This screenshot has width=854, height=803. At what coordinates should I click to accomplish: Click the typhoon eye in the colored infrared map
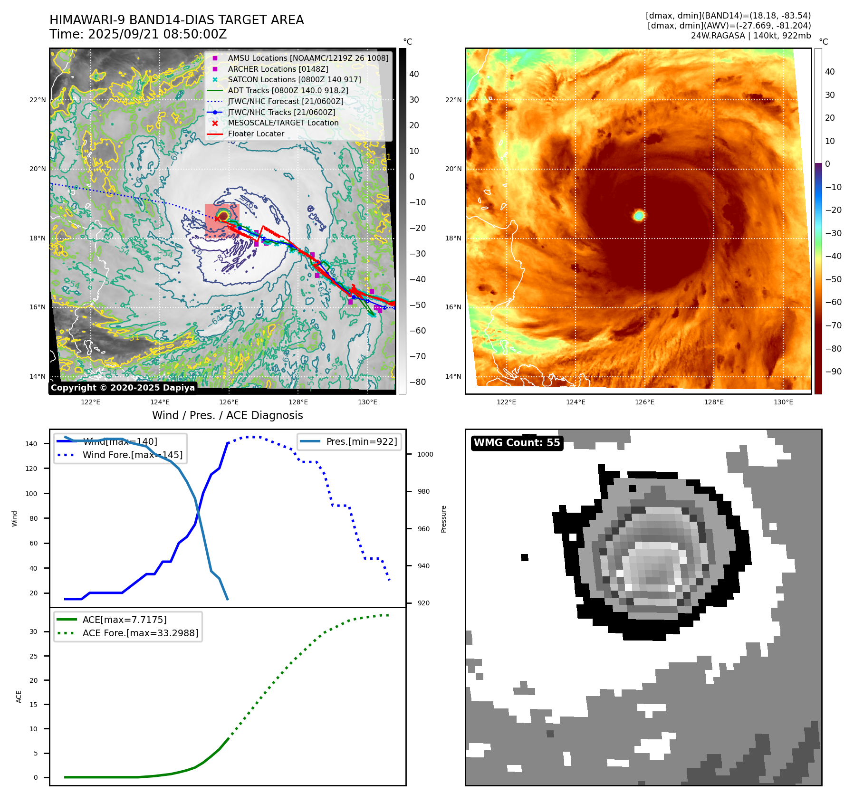[639, 215]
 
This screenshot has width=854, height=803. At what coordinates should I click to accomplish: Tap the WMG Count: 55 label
[517, 443]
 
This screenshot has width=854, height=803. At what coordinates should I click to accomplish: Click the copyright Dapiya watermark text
[123, 388]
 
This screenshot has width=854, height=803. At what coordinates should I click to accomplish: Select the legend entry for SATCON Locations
[294, 80]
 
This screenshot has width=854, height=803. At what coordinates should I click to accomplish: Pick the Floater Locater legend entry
[256, 134]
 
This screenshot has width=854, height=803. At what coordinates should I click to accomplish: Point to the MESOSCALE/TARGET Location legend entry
[283, 123]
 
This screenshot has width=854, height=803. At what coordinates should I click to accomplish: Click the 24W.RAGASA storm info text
[751, 36]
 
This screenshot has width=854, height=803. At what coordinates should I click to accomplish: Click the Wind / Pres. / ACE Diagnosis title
[227, 415]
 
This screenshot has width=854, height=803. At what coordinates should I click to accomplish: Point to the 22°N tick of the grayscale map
[38, 100]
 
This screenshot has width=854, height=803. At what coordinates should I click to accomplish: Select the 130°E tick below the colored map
[783, 402]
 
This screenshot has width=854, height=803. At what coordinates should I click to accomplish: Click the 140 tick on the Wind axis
[31, 444]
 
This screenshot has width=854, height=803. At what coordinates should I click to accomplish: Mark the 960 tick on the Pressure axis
[423, 529]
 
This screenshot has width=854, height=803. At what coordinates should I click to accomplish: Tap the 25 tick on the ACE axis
[33, 656]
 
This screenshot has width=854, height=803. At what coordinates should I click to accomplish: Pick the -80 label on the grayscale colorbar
[418, 382]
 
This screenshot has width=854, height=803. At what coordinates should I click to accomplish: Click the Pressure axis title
[443, 519]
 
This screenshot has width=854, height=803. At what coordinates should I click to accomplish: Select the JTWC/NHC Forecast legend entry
[285, 102]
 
